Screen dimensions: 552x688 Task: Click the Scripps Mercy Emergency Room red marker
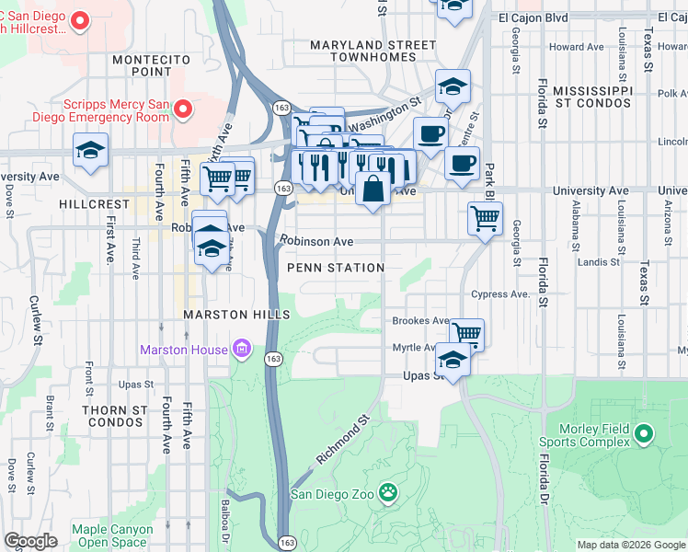(183, 110)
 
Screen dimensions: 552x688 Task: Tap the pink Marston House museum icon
(243, 350)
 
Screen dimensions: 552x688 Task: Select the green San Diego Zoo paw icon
(389, 494)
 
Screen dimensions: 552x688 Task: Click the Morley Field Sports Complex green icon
(643, 433)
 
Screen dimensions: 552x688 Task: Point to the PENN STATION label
(335, 268)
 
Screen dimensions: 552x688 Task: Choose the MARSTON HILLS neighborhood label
(235, 315)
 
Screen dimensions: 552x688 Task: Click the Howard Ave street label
(576, 47)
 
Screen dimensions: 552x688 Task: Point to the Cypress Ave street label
(500, 294)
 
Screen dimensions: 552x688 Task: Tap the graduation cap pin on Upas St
(453, 359)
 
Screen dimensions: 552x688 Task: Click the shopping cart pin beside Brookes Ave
(467, 333)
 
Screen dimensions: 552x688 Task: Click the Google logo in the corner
(30, 540)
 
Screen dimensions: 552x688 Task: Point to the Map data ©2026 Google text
(631, 545)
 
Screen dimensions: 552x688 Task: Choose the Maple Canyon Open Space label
(109, 535)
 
